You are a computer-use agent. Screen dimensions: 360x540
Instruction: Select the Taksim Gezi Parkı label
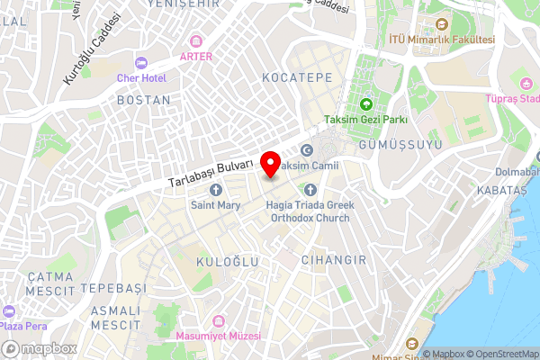[366, 120]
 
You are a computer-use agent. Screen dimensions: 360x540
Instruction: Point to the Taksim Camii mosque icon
[307, 151]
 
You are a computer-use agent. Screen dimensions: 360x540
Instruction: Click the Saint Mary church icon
[215, 190]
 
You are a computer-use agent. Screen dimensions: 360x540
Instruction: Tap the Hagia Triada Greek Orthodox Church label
[310, 211]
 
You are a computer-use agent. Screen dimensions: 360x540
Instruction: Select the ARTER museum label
[196, 56]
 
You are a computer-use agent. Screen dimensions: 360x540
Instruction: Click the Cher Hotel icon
[140, 63]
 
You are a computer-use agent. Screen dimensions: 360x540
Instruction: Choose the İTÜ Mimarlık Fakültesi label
[442, 40]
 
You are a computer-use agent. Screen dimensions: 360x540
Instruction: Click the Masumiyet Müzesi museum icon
[216, 319]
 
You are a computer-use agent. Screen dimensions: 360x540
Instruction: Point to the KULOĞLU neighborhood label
[228, 261]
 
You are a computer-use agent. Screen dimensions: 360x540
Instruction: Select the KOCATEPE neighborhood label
[292, 79]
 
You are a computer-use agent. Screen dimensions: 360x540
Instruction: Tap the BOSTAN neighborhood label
[143, 99]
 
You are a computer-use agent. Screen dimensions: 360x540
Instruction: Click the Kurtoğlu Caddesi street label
[92, 49]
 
